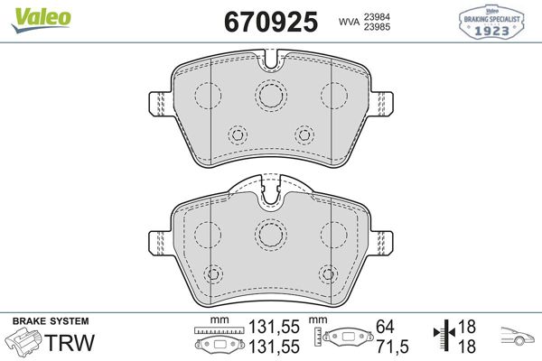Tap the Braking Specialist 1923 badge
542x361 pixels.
[493, 21]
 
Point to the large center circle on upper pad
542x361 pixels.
[270, 94]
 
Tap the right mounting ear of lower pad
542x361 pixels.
[384, 242]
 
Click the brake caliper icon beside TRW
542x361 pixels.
[23, 343]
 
